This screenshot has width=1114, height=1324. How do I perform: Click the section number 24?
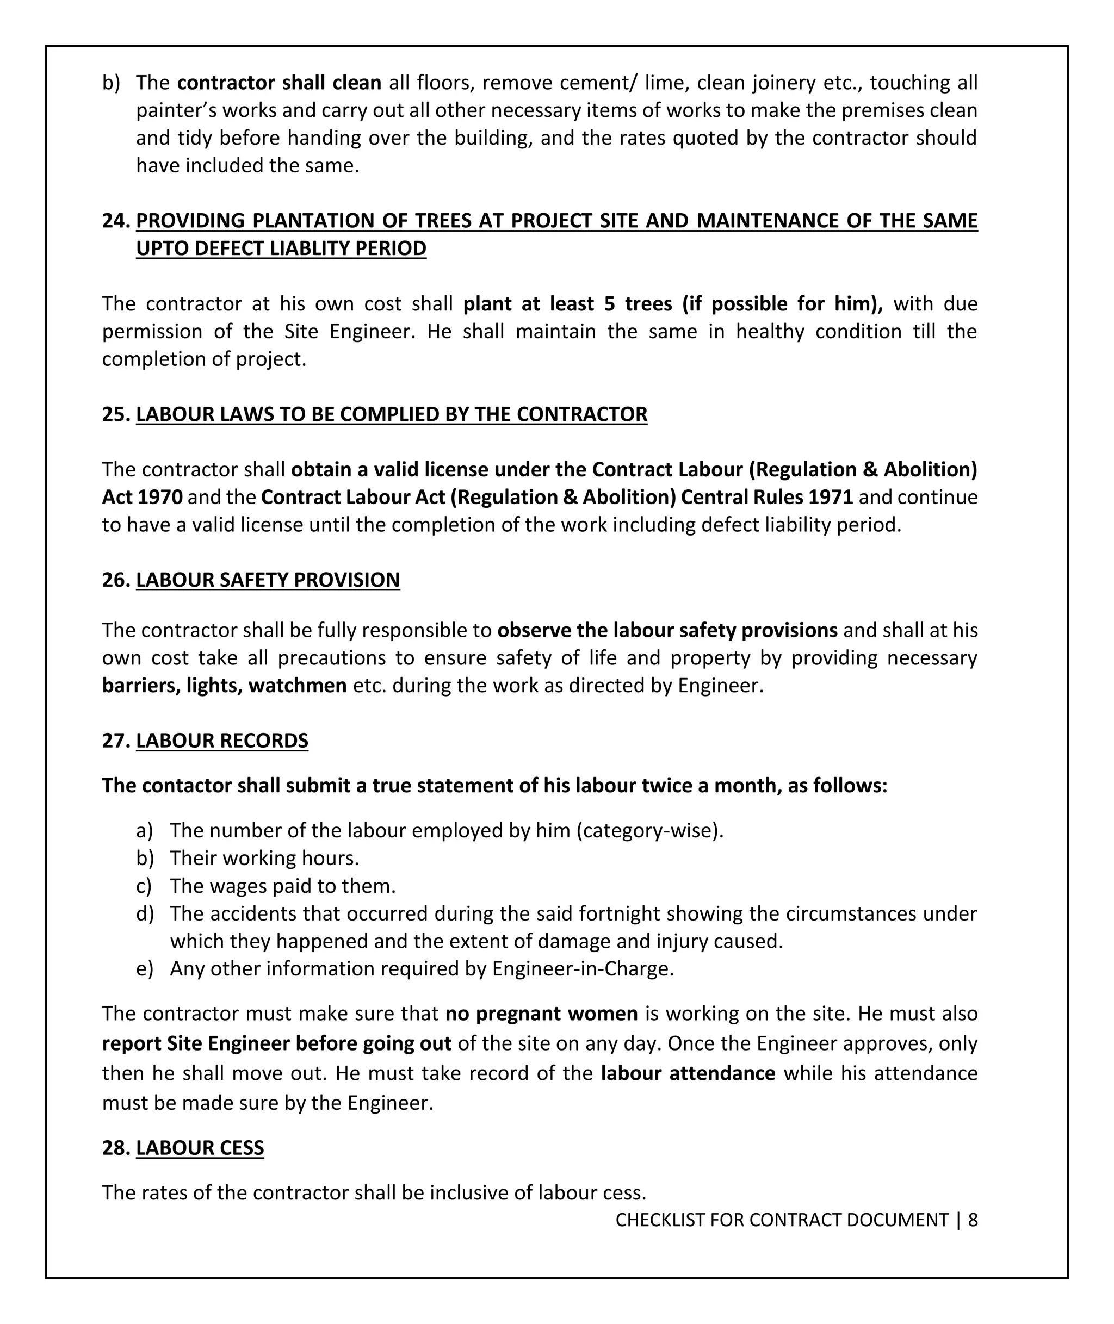point(116,221)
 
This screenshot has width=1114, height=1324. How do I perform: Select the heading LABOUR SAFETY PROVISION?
point(268,580)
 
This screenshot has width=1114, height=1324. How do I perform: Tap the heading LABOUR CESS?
point(200,1147)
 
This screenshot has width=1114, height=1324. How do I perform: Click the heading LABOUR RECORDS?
point(222,740)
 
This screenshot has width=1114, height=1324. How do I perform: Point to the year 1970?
point(160,497)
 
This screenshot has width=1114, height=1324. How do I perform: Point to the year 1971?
point(830,497)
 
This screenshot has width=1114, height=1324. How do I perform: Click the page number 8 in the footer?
point(973,1219)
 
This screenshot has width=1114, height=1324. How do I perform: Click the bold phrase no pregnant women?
point(541,1014)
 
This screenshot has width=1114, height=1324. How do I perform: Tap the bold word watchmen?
point(298,685)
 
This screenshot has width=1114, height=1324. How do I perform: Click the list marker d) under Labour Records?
point(145,913)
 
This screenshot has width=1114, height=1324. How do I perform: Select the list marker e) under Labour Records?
point(145,968)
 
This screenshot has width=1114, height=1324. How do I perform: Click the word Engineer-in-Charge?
point(582,968)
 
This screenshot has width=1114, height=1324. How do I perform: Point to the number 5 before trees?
point(609,304)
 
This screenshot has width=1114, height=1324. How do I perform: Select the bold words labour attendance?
point(688,1073)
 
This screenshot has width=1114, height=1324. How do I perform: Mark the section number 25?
point(116,414)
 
